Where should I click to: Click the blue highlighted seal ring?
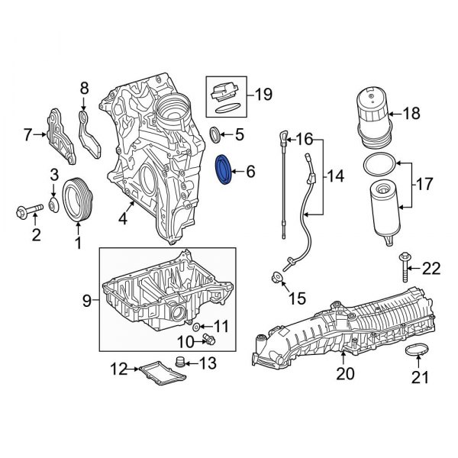[x=225, y=170]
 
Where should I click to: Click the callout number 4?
[x=122, y=219]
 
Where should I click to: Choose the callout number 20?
[x=347, y=374]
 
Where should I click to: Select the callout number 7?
[x=27, y=136]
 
